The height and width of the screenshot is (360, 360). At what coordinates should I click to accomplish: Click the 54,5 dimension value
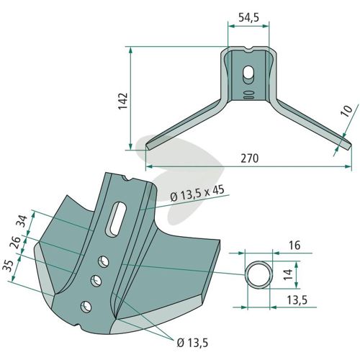[x=249, y=18]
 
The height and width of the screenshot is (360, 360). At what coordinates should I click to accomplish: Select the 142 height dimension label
[x=123, y=101]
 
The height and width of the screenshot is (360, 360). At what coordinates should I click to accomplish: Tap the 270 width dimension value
[x=250, y=158]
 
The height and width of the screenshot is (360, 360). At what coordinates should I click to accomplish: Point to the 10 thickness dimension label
[x=348, y=111]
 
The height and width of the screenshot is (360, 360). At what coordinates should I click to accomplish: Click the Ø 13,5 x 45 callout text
[x=197, y=194]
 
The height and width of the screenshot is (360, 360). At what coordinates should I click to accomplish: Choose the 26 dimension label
[x=15, y=243]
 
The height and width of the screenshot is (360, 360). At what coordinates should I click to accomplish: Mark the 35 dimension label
[x=8, y=266]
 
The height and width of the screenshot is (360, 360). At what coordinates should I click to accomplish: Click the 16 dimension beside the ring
[x=294, y=246]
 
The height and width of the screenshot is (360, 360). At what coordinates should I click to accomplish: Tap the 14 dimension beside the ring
[x=288, y=274]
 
